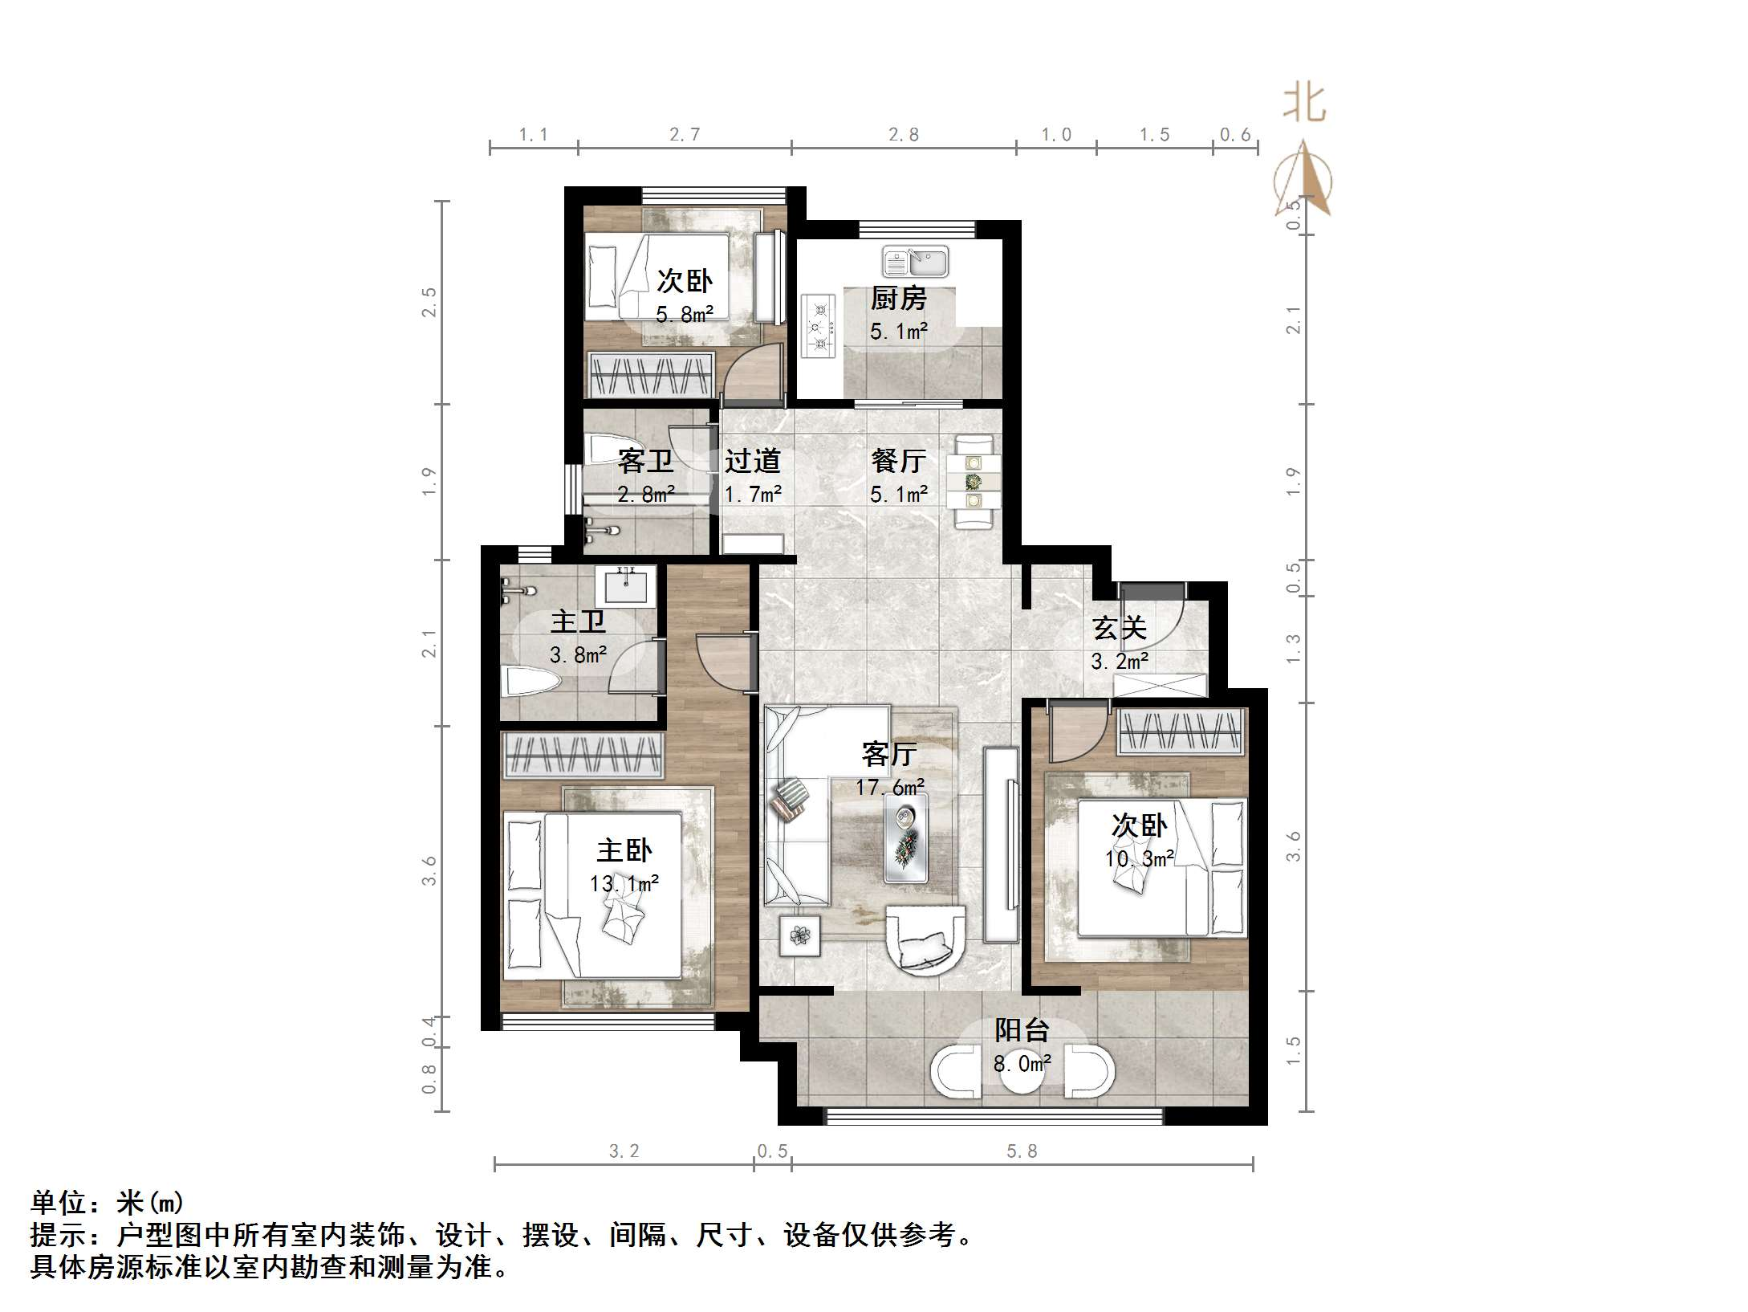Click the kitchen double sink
pos(916,262)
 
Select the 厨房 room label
pos(899,299)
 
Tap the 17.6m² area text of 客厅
pos(889,787)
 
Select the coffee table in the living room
pos(907,837)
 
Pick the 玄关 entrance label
pos(1120,628)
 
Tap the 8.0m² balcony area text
pos(1022,1064)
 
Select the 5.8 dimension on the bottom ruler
pos(1022,1151)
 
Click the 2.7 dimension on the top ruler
pos(685,135)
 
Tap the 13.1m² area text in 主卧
pos(624,884)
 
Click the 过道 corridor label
pos(752,461)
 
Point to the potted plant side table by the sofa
pos(800,935)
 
